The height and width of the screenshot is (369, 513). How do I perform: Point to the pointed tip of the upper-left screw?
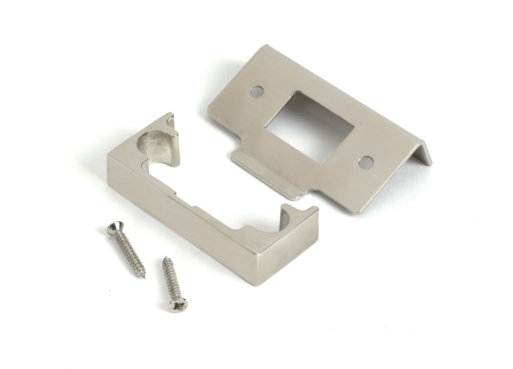(145, 278)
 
